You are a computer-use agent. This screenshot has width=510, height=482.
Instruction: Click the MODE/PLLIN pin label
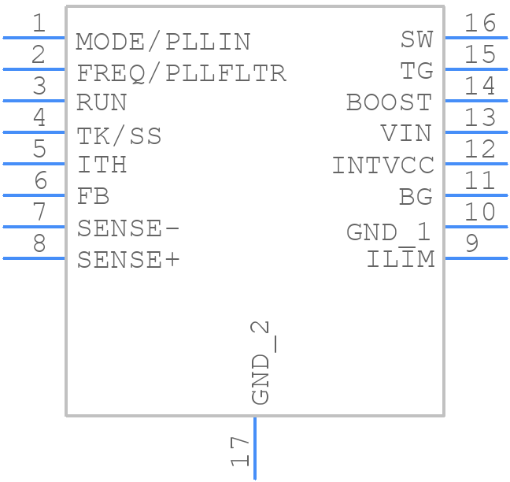pos(163,41)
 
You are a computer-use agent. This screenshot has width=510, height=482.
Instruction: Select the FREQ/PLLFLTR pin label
pos(181,73)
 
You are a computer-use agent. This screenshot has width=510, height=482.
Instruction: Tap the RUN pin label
pos(102,103)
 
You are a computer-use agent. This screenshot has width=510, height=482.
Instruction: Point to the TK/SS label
pos(119,136)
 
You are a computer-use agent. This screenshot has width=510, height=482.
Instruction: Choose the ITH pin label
pos(102,165)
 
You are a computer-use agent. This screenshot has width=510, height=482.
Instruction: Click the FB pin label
pos(93,196)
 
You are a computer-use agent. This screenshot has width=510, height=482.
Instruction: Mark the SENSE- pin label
pos(128,228)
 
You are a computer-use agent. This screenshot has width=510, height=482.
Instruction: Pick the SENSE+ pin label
pos(128,260)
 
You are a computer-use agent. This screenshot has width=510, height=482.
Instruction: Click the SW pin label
pos(416,39)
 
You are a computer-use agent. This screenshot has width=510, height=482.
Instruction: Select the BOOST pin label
pos(390,102)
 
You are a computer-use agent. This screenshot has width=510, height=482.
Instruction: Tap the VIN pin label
pos(406,134)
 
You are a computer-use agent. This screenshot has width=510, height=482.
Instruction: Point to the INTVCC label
pos(382,165)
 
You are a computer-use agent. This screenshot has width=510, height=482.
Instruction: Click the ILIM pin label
pos(401,260)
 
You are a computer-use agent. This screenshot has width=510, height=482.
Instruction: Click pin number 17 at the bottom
pos(240,452)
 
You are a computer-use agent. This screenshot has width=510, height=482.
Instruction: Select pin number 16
pos(479,23)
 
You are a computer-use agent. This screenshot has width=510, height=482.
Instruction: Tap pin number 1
pos(38,23)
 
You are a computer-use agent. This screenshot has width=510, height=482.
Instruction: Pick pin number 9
pos(471,243)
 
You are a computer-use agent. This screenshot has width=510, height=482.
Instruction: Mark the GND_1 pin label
pos(389,232)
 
